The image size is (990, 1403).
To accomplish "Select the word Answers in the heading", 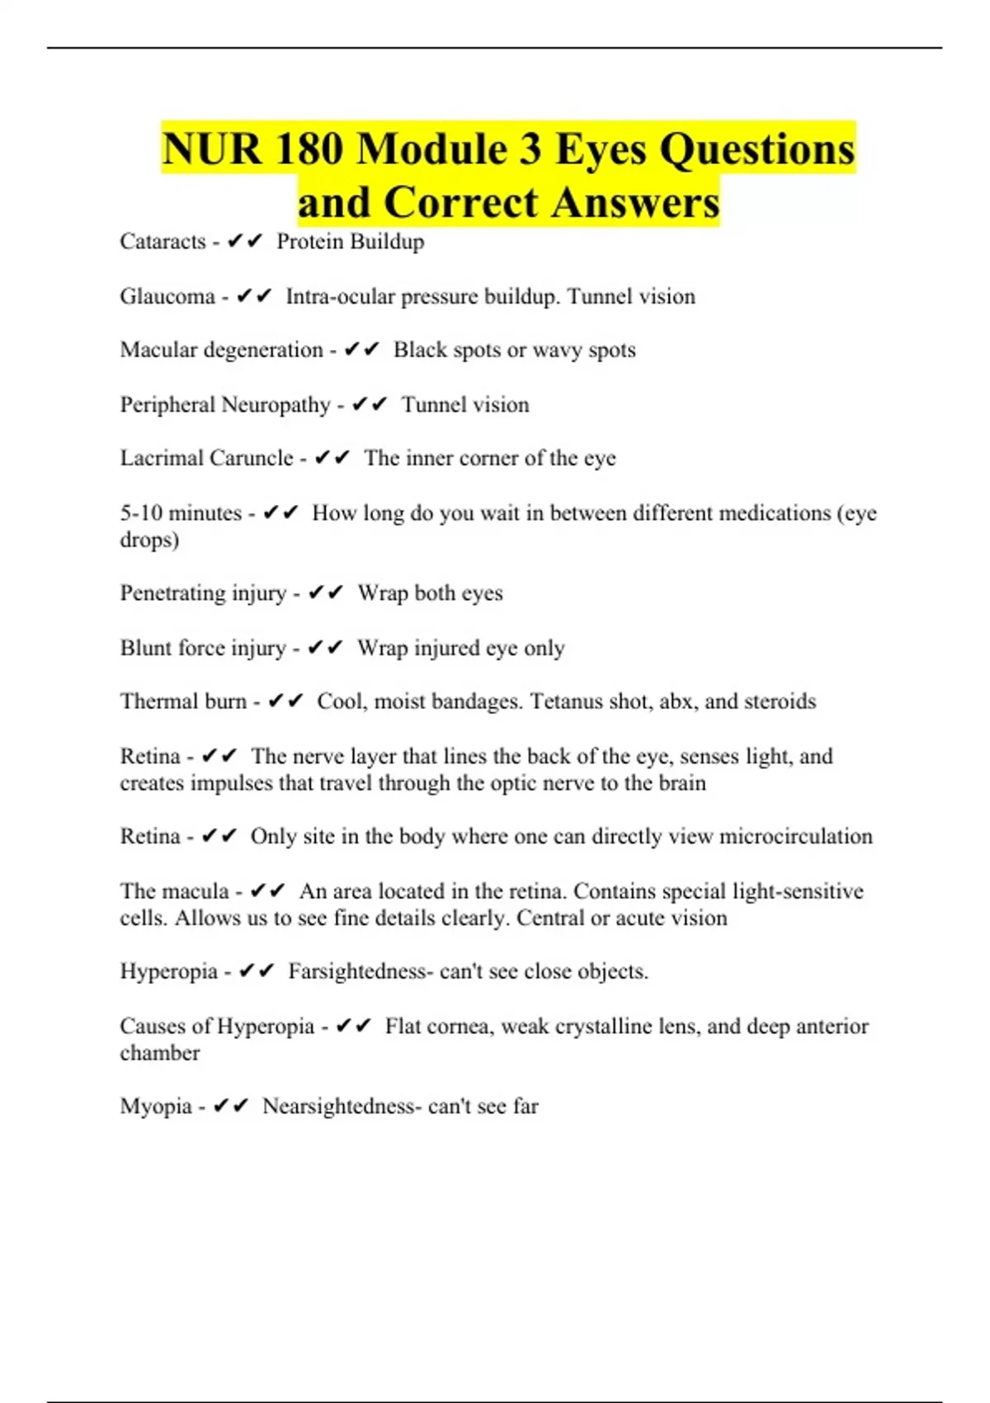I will [635, 202].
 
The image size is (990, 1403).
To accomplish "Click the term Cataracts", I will [163, 242].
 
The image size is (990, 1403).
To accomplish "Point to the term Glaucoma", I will [167, 296].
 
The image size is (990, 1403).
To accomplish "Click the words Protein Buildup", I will [351, 242].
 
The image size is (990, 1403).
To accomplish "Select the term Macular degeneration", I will [221, 350].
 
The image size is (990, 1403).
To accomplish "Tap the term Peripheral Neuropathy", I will [225, 404].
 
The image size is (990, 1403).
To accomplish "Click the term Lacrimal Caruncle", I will [206, 458].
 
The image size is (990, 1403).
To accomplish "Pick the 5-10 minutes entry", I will [181, 513].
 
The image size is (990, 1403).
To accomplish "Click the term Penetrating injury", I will [203, 593].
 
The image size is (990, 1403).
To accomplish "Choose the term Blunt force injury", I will [203, 648].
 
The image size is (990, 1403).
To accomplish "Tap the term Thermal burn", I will [183, 701].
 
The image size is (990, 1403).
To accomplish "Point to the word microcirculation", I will [795, 837].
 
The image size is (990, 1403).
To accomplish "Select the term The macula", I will [174, 891].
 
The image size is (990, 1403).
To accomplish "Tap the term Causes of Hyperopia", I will [217, 1027].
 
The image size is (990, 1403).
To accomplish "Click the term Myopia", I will [156, 1107].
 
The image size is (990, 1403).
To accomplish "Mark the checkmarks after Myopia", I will [230, 1107].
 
